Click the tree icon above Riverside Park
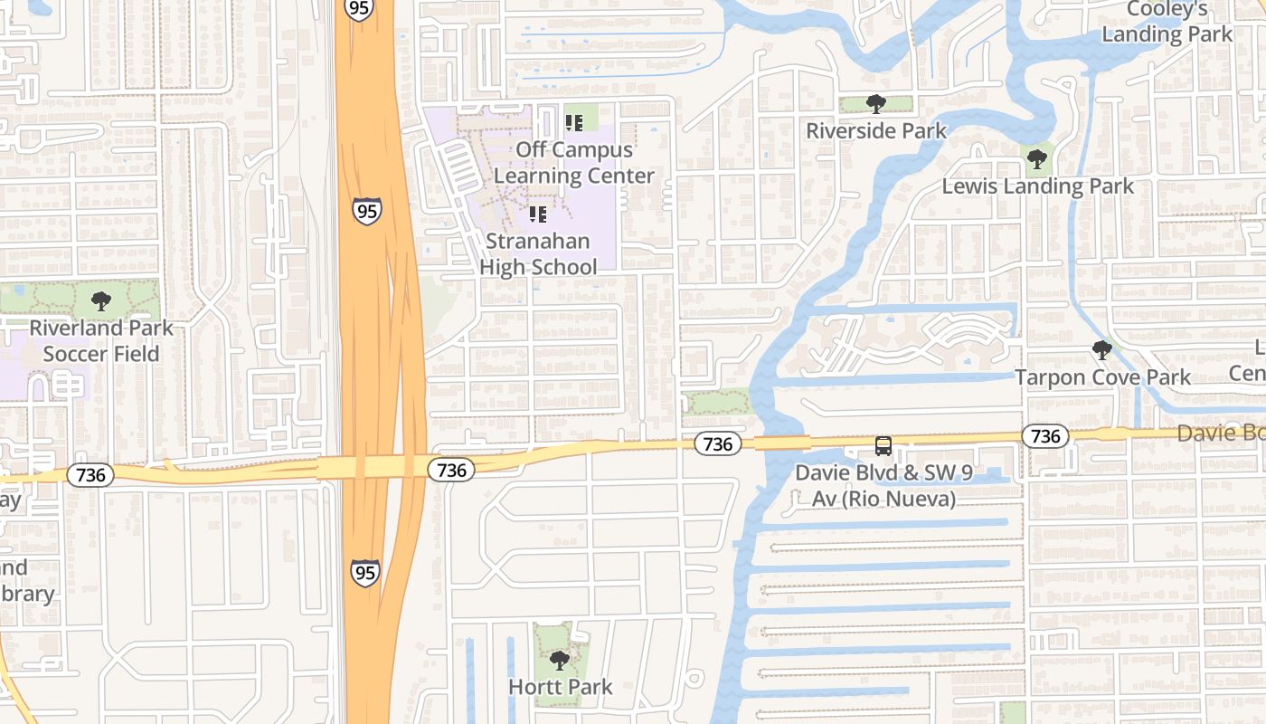pyautogui.click(x=875, y=104)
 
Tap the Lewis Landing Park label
pyautogui.click(x=1037, y=186)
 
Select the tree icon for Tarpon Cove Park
pyautogui.click(x=1101, y=350)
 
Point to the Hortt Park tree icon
pyautogui.click(x=560, y=660)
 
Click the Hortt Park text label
pyautogui.click(x=560, y=687)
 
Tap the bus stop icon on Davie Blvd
pyautogui.click(x=883, y=445)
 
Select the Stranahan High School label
pyautogui.click(x=538, y=254)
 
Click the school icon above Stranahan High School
pyautogui.click(x=538, y=214)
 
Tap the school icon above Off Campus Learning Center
pyautogui.click(x=574, y=122)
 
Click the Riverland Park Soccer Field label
pyautogui.click(x=101, y=340)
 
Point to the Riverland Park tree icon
pyautogui.click(x=101, y=300)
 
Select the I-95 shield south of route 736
pyautogui.click(x=365, y=572)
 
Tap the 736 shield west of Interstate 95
pyautogui.click(x=90, y=475)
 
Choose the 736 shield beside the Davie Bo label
pyautogui.click(x=1045, y=436)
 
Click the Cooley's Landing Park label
pyautogui.click(x=1167, y=22)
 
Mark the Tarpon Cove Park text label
pyautogui.click(x=1102, y=377)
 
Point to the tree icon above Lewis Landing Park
pyautogui.click(x=1037, y=159)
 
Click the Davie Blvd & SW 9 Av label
pyautogui.click(x=874, y=485)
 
